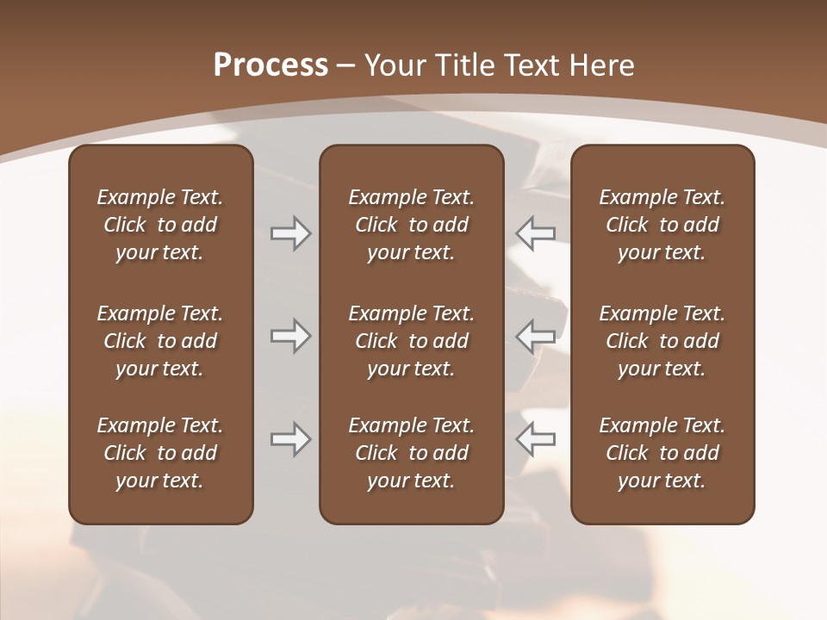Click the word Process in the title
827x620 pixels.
(x=270, y=65)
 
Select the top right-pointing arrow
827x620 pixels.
(x=290, y=232)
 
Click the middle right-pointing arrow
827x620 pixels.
(x=290, y=336)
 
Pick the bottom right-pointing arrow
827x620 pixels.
(x=290, y=439)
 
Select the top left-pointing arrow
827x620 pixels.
(x=535, y=232)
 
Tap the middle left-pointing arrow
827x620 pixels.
(x=535, y=336)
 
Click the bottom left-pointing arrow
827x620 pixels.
(x=535, y=439)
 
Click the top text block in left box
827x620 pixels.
(x=160, y=225)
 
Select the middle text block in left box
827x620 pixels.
(x=160, y=341)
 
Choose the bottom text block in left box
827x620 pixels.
(x=160, y=453)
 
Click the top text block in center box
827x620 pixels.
(x=412, y=225)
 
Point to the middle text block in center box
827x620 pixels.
(x=412, y=341)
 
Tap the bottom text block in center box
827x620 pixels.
(x=412, y=453)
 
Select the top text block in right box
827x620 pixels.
(x=662, y=225)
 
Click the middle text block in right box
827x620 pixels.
(x=662, y=341)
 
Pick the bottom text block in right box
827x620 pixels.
(x=662, y=453)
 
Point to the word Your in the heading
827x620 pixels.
(x=393, y=65)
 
